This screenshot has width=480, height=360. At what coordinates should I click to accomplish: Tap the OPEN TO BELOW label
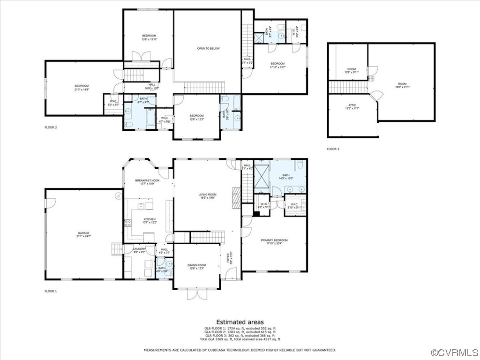pos(208,48)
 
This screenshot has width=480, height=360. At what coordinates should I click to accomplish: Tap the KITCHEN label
pos(150,220)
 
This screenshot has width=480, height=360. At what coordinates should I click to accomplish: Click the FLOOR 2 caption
pos(51,127)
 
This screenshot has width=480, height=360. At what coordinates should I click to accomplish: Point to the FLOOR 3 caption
pos(333,149)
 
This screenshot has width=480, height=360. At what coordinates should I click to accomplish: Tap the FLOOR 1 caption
pos(51,291)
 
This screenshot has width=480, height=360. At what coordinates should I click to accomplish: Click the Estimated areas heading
pos(240,322)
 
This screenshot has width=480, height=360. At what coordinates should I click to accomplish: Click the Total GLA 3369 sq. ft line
pos(240,339)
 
